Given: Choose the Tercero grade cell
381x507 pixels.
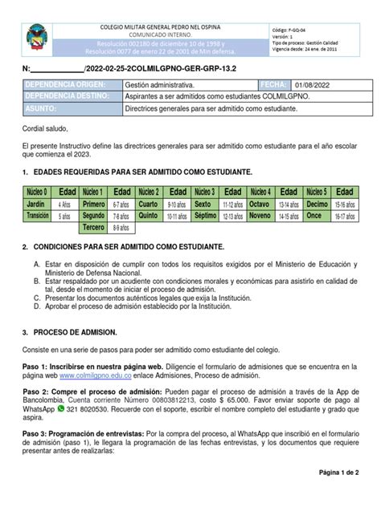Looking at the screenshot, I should pyautogui.click(x=94, y=227).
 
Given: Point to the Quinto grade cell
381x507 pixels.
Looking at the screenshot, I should pyautogui.click(x=150, y=216).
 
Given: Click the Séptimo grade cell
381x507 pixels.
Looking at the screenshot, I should pyautogui.click(x=205, y=216).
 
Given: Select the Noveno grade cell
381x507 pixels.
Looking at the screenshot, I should pyautogui.click(x=260, y=216).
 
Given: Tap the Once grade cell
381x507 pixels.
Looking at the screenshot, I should pyautogui.click(x=315, y=216).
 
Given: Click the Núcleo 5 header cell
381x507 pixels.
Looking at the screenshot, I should pyautogui.click(x=316, y=193).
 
